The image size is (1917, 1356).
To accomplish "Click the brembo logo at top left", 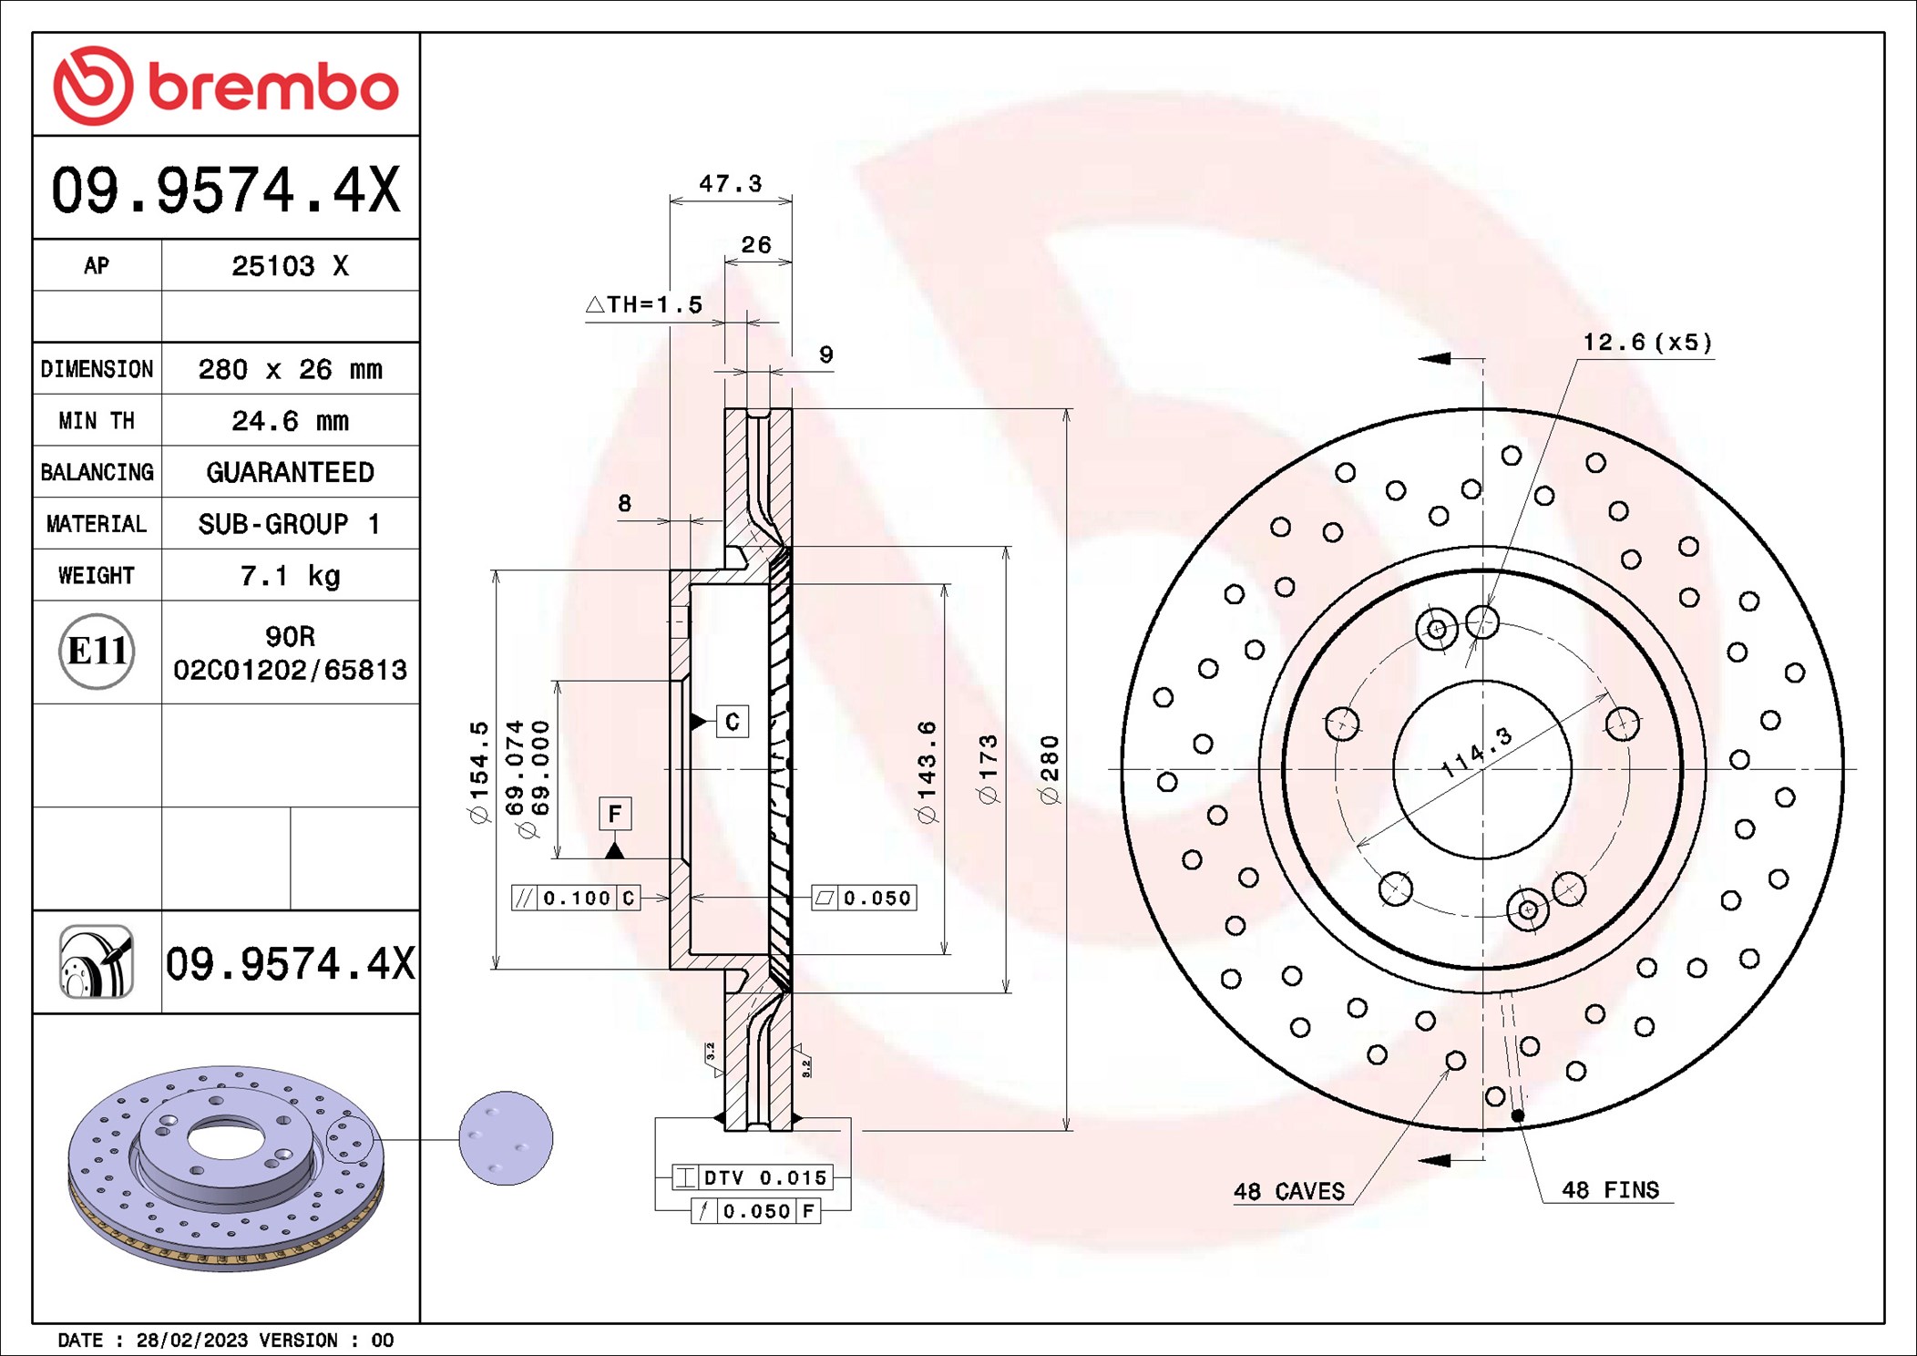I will (x=225, y=86).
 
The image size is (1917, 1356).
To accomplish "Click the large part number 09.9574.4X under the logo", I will (x=225, y=190).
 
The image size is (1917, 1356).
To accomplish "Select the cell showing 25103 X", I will (x=290, y=266).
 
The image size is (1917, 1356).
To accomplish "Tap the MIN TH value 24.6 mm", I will (x=290, y=421).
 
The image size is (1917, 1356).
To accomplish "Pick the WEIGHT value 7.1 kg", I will (x=290, y=576).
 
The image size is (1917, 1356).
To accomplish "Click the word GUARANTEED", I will (x=290, y=472).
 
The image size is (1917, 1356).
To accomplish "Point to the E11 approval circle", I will (x=97, y=652).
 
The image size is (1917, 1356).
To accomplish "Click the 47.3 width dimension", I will (x=730, y=184).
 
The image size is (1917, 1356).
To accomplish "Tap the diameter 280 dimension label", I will (x=1050, y=769).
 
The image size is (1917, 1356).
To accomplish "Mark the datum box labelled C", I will (x=733, y=722).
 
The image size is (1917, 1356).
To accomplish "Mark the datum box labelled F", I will (x=615, y=813).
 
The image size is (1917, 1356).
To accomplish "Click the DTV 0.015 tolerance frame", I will (x=753, y=1177).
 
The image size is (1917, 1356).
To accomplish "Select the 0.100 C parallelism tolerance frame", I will (x=576, y=899).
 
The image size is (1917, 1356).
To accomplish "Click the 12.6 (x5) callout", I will (x=1646, y=343).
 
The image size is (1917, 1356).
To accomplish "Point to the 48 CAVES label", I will (x=1288, y=1191).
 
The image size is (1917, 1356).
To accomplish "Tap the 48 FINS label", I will (x=1609, y=1190).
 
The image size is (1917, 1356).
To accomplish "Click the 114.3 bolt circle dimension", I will (x=1476, y=752).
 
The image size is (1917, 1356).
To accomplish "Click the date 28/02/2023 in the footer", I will (x=191, y=1341).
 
